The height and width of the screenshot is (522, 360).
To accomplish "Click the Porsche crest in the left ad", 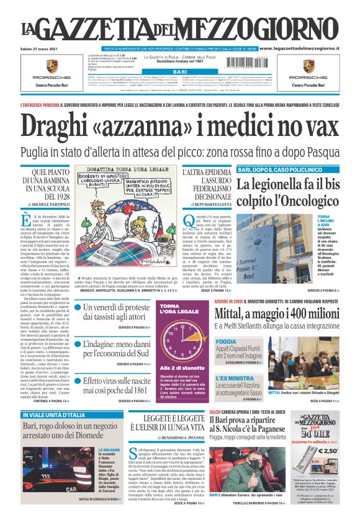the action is pos(52,66).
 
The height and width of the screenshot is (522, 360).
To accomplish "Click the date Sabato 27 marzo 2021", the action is pos(42,48).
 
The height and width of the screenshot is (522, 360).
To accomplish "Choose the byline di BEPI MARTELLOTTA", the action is pos(207,204).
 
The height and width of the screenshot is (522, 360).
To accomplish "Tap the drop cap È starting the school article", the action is pos(26,222).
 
